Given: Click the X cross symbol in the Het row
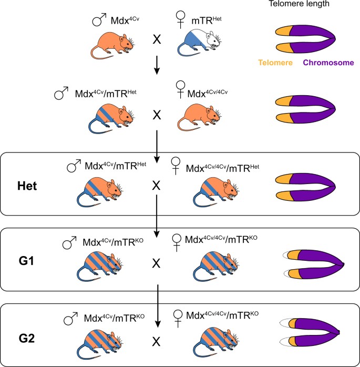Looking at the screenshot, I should click(156, 186).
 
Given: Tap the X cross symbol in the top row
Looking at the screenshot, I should click(156, 39).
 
